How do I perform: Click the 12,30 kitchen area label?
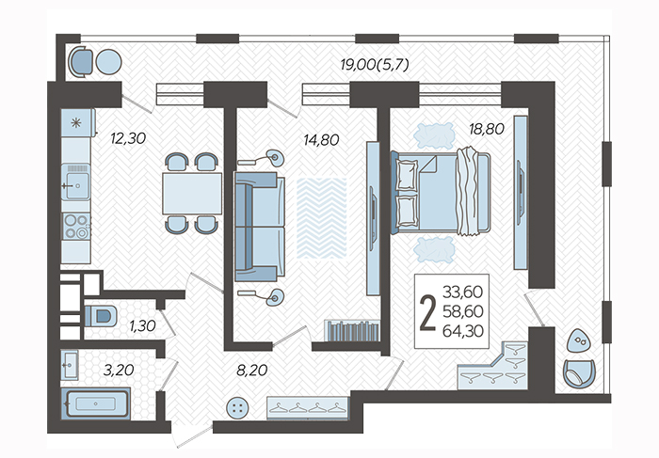click(x=128, y=138)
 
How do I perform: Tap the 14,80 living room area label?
click(x=321, y=140)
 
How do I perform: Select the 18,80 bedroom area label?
click(x=487, y=129)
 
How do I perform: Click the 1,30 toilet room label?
click(x=142, y=325)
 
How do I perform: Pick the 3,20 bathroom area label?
click(x=119, y=371)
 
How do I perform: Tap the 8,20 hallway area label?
click(x=252, y=371)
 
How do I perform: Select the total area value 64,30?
click(x=463, y=331)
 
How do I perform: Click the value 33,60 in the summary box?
click(x=463, y=292)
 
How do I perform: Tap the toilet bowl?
click(x=101, y=316)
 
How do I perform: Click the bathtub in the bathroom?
click(x=96, y=403)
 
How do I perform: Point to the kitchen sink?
click(x=75, y=182)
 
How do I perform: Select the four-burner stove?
click(x=76, y=227)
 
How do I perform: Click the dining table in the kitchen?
click(x=192, y=194)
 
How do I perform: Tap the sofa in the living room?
click(x=260, y=227)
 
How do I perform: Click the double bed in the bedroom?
click(x=441, y=192)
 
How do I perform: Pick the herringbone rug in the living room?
click(x=322, y=217)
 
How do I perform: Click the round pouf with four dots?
click(x=237, y=408)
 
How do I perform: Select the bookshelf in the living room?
click(x=352, y=331)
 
